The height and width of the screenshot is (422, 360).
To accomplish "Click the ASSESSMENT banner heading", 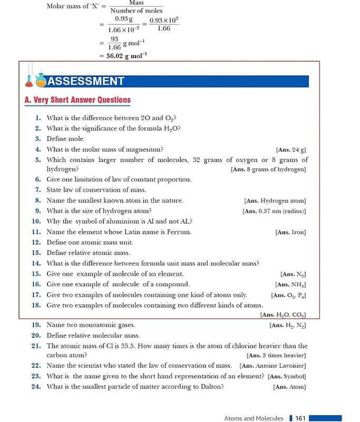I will point(86,81).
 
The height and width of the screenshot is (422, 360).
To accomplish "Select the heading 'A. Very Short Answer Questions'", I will point(77,100).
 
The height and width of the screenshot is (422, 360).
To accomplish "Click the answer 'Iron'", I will point(298,232).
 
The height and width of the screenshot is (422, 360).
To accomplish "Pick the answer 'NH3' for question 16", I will point(298,284).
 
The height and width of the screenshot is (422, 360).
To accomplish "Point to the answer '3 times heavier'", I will point(284,356).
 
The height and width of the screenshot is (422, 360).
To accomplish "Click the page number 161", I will point(300,418).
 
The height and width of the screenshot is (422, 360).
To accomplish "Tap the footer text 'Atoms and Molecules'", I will point(254,418).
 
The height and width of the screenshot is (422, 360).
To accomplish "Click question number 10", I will point(36,222).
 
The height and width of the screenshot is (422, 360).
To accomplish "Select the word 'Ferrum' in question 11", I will point(179,232).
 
